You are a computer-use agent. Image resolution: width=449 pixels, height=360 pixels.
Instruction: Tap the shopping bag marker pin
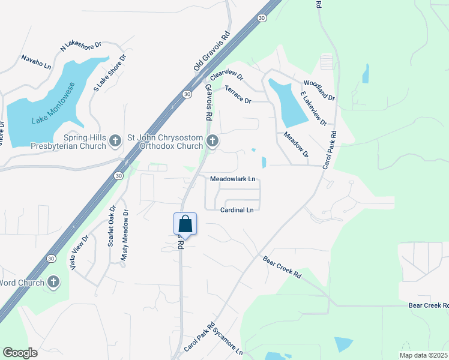[185, 224]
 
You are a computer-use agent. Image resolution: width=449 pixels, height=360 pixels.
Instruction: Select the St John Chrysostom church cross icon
[212, 141]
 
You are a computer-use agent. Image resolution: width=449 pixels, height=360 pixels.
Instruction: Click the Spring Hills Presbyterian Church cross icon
[116, 141]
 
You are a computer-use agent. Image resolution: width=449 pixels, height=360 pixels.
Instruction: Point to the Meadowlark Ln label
[233, 179]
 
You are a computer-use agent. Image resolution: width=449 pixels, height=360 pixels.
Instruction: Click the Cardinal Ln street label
[237, 210]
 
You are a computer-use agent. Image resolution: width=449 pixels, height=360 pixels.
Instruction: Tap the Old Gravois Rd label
[212, 52]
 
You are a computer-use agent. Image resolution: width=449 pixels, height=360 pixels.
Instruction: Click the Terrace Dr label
[238, 95]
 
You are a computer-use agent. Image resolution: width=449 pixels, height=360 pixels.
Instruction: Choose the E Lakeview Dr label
[313, 109]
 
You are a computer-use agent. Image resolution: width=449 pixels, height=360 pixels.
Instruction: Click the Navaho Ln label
[37, 61]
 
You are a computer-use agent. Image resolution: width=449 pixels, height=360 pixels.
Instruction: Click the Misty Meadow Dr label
[125, 235]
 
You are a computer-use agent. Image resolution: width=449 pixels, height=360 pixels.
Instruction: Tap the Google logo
[20, 353]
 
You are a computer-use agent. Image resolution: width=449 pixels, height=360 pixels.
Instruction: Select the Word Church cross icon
[53, 282]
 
